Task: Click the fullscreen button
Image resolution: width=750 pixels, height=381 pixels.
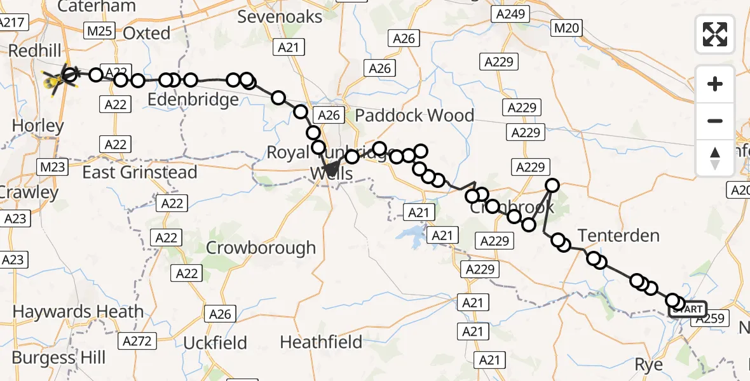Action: (x=715, y=34)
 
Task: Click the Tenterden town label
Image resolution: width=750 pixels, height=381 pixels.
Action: (x=619, y=236)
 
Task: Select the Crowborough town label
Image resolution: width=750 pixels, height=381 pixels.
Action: (x=261, y=248)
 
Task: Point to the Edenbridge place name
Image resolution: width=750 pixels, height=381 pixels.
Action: (x=193, y=100)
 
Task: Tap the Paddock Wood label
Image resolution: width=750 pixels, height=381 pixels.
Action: (x=414, y=116)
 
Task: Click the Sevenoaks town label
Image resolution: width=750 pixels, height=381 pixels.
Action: (x=280, y=17)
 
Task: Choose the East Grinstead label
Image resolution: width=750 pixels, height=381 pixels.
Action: (x=140, y=172)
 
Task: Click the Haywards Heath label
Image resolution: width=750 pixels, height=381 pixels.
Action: (x=78, y=312)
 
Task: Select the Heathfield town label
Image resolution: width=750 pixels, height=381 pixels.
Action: (x=321, y=342)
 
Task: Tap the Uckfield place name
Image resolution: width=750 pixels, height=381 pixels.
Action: (x=215, y=344)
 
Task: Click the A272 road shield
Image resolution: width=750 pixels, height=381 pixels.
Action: (x=137, y=341)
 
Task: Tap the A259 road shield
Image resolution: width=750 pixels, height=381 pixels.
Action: (x=711, y=319)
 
